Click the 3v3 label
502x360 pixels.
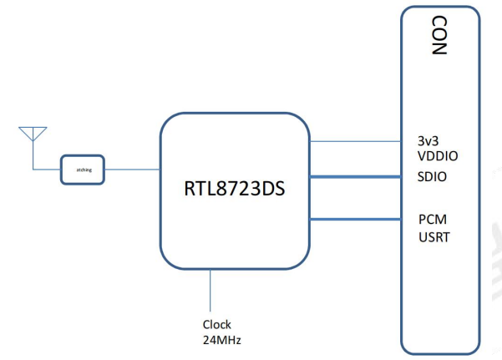pyautogui.click(x=428, y=141)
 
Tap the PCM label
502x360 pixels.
pyautogui.click(x=433, y=220)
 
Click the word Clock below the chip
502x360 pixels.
pyautogui.click(x=216, y=323)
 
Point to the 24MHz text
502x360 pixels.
pyautogui.click(x=222, y=338)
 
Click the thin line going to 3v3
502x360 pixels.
pyautogui.click(x=355, y=140)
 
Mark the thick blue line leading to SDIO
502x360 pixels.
pyautogui.click(x=355, y=177)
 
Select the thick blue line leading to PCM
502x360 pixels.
pyautogui.click(x=355, y=220)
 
